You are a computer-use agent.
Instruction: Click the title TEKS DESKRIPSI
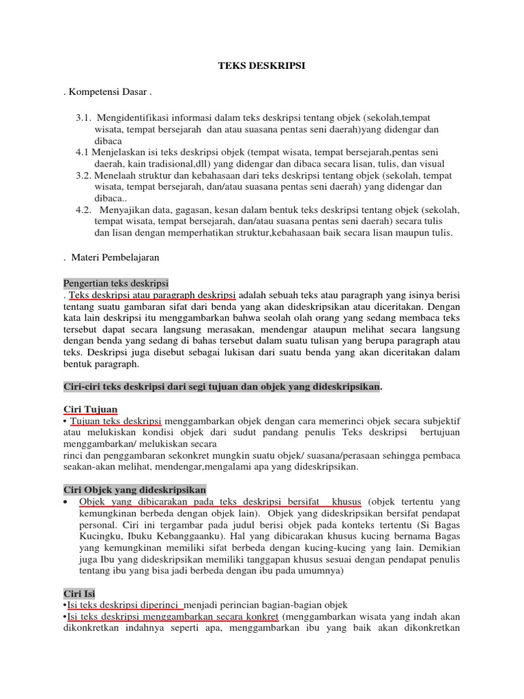click(261, 66)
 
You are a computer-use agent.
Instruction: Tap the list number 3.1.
click(84, 117)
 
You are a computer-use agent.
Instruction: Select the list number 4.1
click(83, 152)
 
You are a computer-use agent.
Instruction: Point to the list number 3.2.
click(84, 175)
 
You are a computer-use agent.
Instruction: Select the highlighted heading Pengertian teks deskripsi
click(115, 283)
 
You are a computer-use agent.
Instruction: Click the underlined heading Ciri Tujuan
click(90, 409)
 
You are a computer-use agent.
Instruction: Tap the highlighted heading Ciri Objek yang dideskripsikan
click(134, 490)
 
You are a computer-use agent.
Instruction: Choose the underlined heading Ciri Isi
click(80, 594)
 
